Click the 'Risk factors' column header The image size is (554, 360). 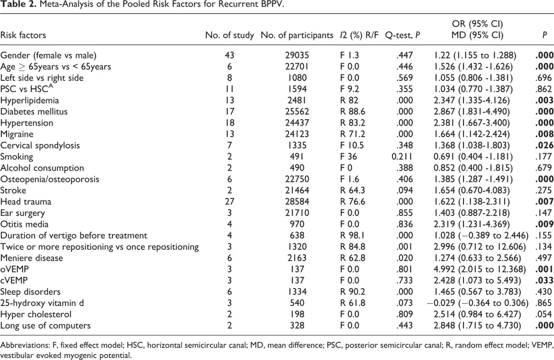23,35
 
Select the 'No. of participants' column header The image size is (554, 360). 297,35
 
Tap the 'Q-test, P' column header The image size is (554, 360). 403,35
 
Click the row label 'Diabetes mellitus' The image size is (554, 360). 34,112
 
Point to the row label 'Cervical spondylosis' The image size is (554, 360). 40,145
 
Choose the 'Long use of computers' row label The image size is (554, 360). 46,325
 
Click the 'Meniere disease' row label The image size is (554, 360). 32,258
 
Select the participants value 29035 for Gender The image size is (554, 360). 297,55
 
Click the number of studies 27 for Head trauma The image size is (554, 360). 229,202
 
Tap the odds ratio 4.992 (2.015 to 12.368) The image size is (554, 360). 480,269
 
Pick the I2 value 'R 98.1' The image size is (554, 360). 352,235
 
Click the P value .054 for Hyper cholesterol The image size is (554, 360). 543,314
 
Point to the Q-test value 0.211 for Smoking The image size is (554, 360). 402,156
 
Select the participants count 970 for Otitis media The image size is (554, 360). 297,224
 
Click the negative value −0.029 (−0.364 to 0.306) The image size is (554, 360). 477,303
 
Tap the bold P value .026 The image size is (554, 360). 544,145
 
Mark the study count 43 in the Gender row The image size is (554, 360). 229,55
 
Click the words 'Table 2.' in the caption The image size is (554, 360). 18,4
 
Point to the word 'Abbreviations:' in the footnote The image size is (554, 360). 25,345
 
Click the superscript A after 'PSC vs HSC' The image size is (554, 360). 50,86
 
